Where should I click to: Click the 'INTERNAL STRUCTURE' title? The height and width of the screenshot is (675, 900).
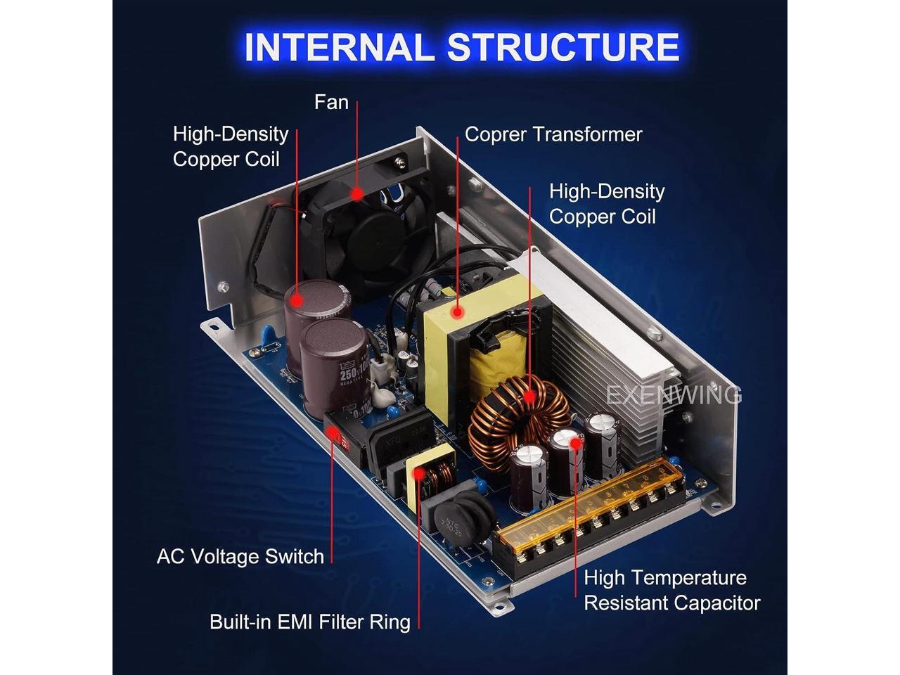[x=461, y=48]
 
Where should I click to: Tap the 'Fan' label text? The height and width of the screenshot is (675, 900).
[x=331, y=102]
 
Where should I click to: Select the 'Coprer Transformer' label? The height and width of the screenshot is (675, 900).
[x=553, y=134]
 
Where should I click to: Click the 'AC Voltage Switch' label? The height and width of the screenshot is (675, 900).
[x=240, y=557]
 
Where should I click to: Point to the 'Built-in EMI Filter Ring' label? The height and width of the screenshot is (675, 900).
[x=309, y=622]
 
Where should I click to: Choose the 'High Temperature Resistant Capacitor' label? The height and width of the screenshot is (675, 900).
[x=671, y=591]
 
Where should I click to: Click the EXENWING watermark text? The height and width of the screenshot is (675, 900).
[x=674, y=395]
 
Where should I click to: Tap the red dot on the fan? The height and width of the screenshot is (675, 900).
[x=357, y=192]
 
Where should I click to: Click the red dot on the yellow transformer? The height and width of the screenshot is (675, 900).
[x=458, y=310]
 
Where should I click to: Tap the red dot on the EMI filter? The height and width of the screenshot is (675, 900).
[x=420, y=472]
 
